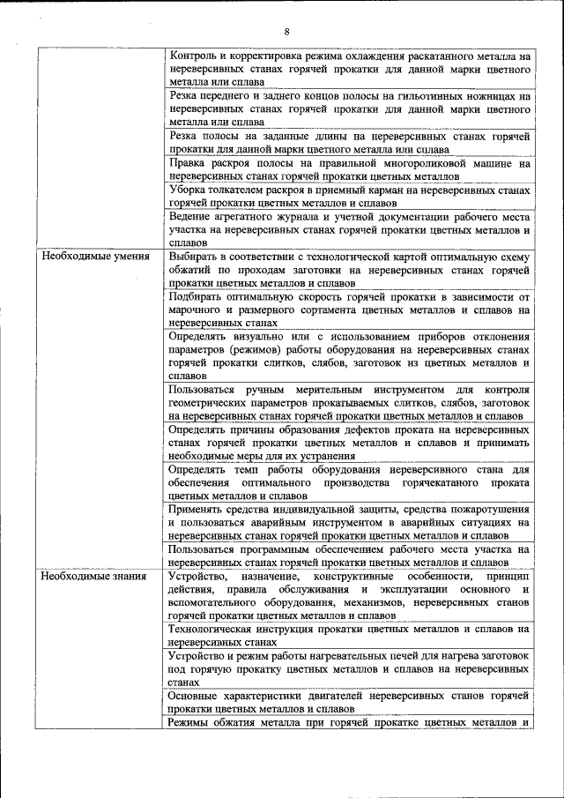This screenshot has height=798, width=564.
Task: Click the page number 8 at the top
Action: click(286, 33)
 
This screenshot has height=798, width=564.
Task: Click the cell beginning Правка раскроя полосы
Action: click(349, 169)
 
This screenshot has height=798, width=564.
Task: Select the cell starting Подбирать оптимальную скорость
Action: click(349, 310)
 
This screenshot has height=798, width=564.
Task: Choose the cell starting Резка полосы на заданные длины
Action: click(349, 142)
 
